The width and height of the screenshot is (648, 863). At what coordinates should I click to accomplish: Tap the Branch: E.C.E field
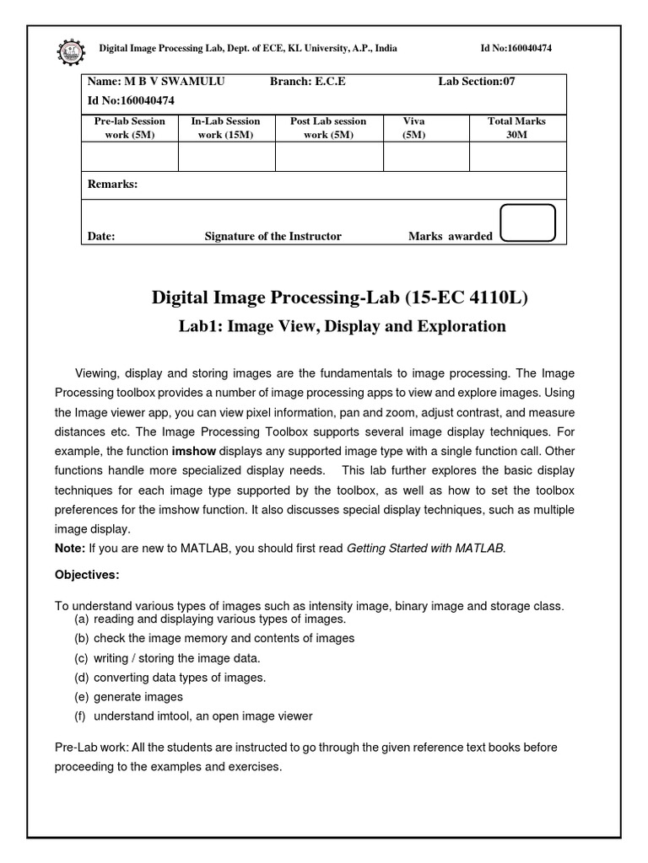[x=307, y=82]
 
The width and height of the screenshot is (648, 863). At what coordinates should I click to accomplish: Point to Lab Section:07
[x=476, y=82]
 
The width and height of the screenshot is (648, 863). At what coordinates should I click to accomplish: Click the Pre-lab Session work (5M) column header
[x=129, y=127]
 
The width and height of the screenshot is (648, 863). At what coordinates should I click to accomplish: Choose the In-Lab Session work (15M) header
[x=225, y=127]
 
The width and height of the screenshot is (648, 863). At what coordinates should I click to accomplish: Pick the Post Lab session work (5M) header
[x=328, y=127]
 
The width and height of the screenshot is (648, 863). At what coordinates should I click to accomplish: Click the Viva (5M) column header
[x=414, y=127]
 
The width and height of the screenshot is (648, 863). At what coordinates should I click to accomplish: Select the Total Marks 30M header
[x=516, y=127]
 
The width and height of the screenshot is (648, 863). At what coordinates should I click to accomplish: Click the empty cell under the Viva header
[x=425, y=157]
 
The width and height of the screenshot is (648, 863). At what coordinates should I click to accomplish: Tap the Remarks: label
[x=112, y=185]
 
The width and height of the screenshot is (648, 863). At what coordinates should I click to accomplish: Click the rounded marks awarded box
[x=527, y=222]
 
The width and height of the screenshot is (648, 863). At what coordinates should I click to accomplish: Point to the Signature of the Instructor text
[x=273, y=237]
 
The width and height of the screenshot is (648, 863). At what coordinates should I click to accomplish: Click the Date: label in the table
[x=101, y=237]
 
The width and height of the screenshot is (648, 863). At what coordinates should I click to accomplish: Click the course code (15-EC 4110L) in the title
[x=469, y=297]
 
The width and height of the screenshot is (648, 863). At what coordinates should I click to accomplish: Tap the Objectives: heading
[x=88, y=575]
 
